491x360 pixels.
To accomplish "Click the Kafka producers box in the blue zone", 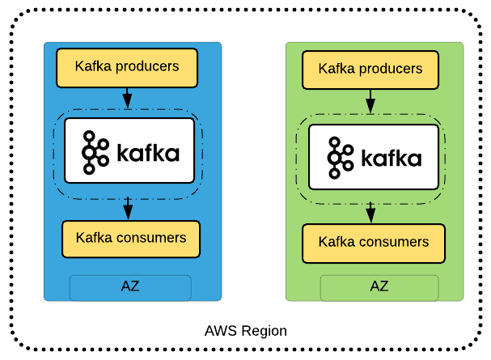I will click(127, 67).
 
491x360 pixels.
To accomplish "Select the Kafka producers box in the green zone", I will click(370, 70).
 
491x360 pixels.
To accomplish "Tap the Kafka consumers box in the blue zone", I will click(130, 239).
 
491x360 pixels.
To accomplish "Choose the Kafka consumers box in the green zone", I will click(373, 243).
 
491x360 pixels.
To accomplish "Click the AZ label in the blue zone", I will click(130, 287).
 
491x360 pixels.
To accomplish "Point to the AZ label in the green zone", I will click(379, 286).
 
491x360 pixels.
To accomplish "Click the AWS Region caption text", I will click(245, 331).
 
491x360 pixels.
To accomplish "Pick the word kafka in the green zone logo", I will click(391, 157).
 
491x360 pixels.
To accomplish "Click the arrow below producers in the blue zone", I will click(127, 98).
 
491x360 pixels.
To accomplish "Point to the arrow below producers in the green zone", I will click(370, 101).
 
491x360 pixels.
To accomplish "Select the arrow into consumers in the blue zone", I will click(127, 209).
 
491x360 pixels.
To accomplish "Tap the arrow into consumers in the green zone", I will click(370, 212).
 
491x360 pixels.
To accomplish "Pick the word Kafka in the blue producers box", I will click(93, 66).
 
